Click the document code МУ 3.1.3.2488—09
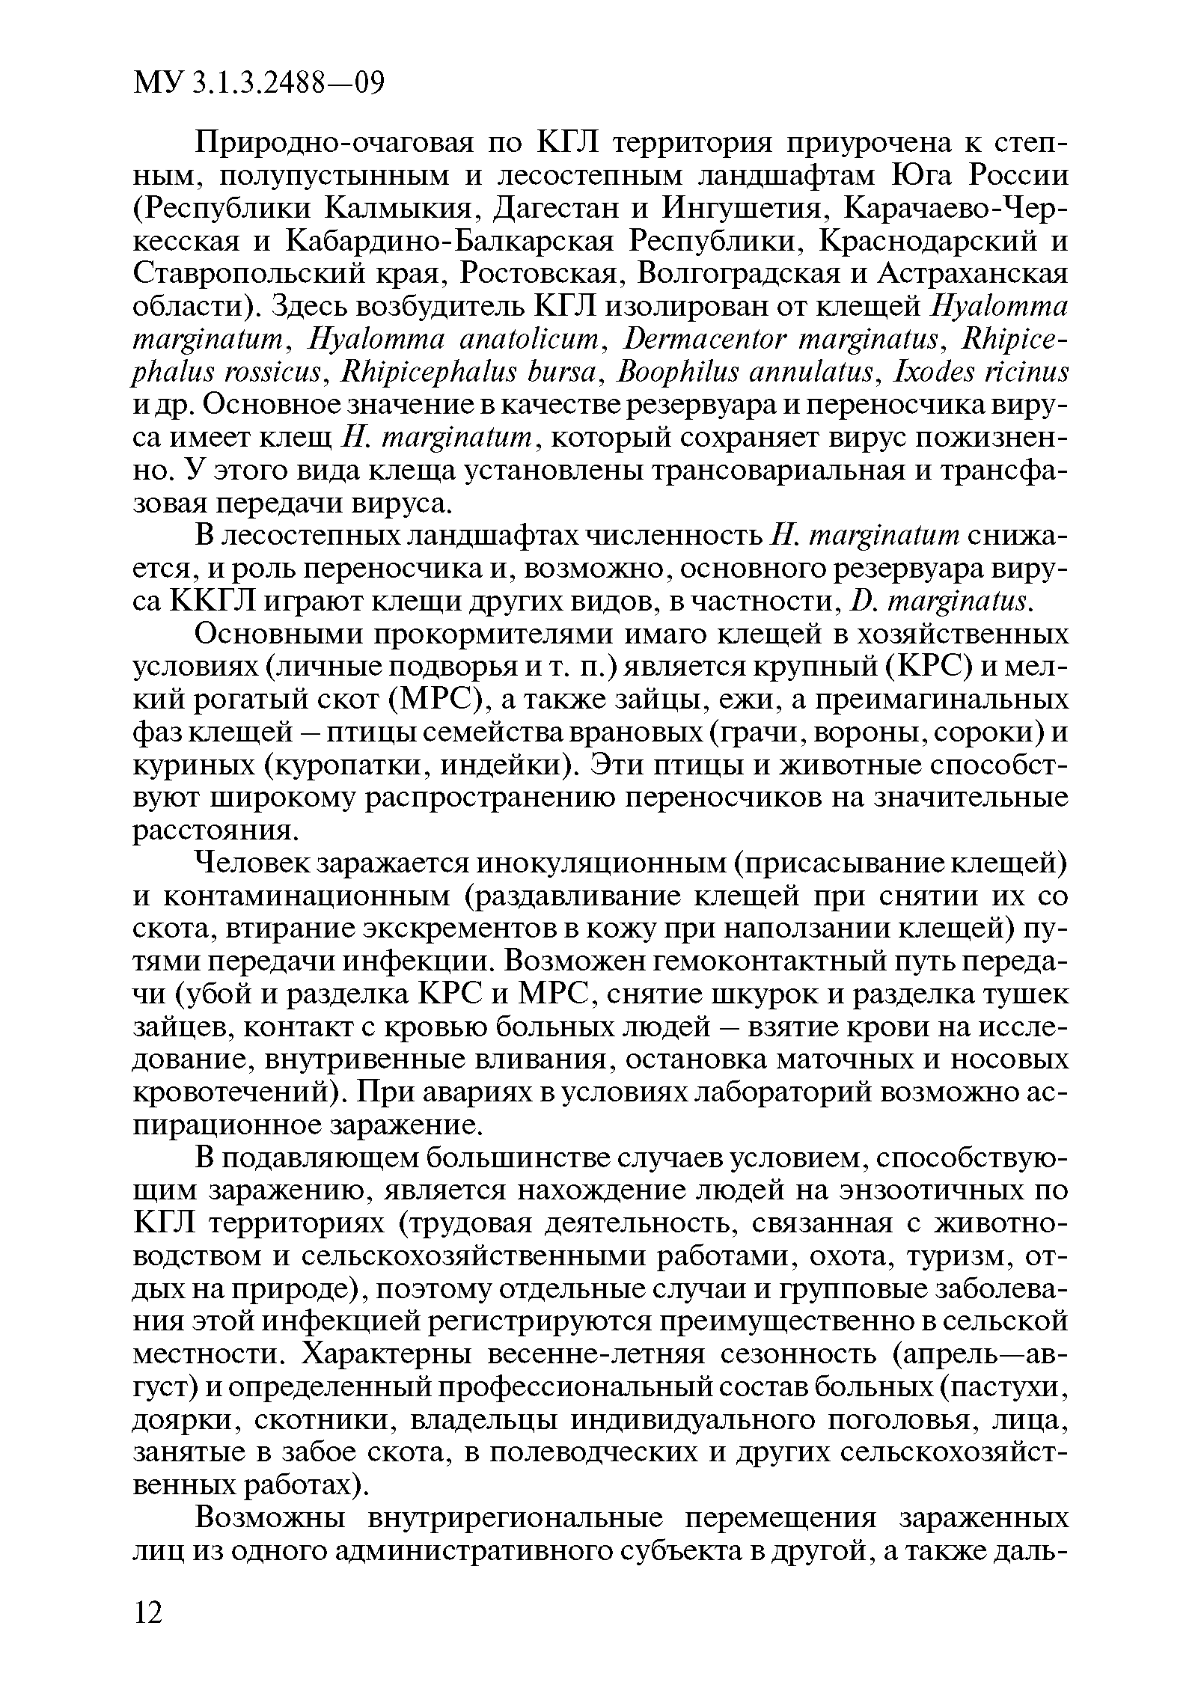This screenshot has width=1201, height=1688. pyautogui.click(x=257, y=82)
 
